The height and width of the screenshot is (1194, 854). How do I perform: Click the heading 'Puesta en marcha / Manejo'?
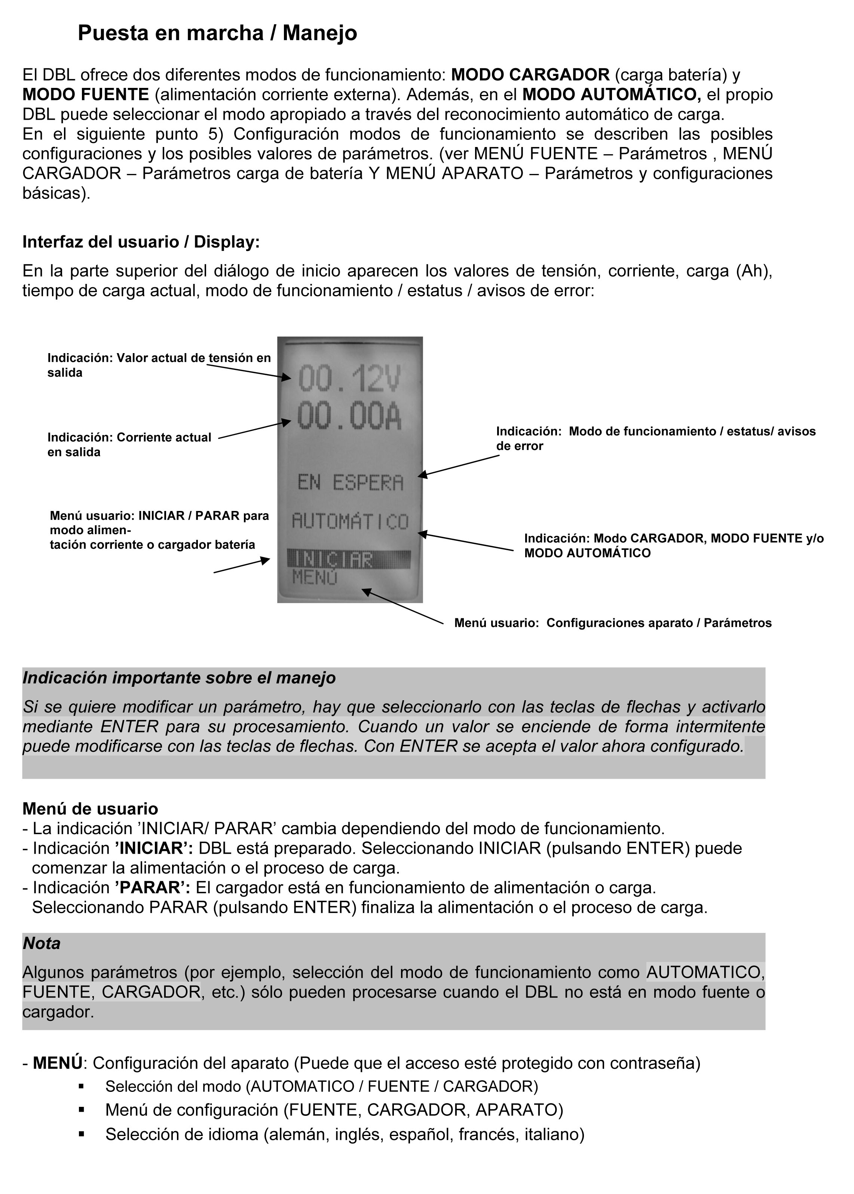pyautogui.click(x=217, y=33)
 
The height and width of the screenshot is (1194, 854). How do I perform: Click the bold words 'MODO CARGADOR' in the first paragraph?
pyautogui.click(x=530, y=75)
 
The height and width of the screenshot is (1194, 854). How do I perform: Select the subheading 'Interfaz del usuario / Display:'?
pyautogui.click(x=141, y=242)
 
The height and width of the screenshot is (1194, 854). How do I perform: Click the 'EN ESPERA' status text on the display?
pyautogui.click(x=350, y=483)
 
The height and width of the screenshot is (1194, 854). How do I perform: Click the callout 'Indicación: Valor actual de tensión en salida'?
pyautogui.click(x=159, y=365)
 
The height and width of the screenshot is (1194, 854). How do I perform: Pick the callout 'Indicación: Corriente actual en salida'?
pyautogui.click(x=129, y=444)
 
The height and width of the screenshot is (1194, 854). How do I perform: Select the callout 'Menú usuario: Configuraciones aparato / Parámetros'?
pyautogui.click(x=613, y=623)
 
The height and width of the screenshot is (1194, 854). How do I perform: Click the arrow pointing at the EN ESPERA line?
pyautogui.click(x=459, y=466)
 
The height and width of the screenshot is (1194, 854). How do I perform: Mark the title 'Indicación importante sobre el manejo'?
pyautogui.click(x=179, y=678)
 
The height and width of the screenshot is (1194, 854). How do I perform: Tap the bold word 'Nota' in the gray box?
pyautogui.click(x=42, y=943)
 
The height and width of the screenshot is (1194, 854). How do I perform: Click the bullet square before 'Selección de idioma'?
pyautogui.click(x=82, y=1134)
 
